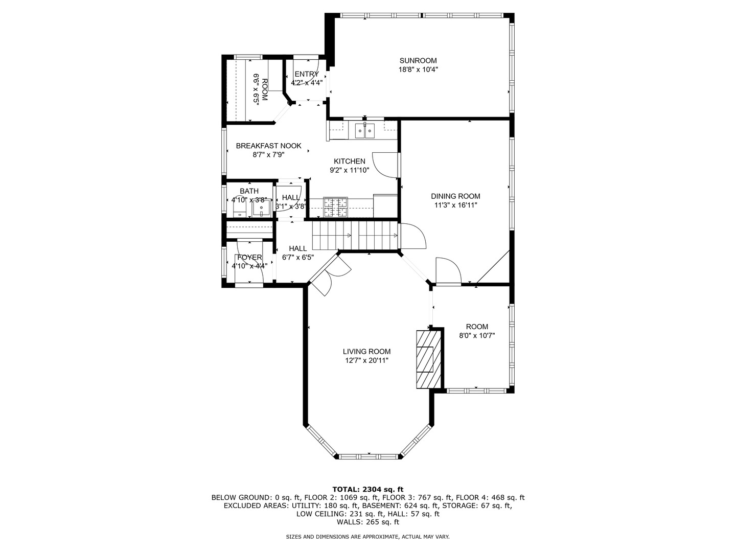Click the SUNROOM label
coord(418,61)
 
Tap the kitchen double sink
coord(364,131)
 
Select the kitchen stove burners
coord(335,207)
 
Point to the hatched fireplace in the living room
coord(428,359)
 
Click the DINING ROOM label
coord(455,196)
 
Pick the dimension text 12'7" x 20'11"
coord(366,361)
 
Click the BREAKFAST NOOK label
coord(268,146)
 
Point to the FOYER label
coord(249,258)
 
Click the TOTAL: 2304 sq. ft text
coord(368,489)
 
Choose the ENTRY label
coord(307,74)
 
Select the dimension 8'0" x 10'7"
coord(477,335)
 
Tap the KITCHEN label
coord(350,161)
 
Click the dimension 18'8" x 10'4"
coord(418,70)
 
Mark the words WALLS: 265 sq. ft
coord(368,522)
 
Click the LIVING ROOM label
coord(366,352)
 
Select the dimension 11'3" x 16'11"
coord(456,205)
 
